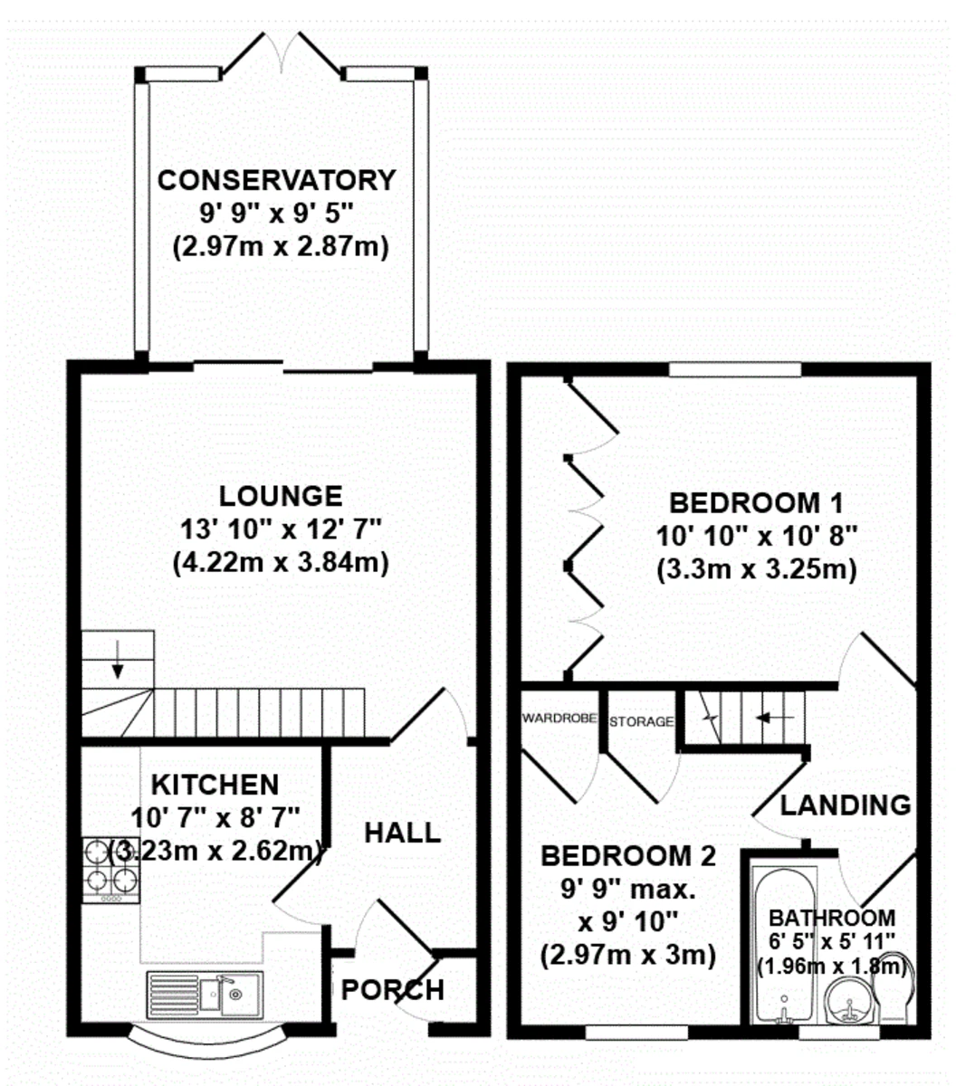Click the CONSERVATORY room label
(276, 180)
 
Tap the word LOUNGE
(281, 496)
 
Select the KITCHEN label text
(215, 786)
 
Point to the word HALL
(402, 833)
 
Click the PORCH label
(393, 990)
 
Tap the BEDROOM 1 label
(756, 503)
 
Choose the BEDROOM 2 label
(628, 856)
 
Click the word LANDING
(845, 805)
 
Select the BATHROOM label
(832, 919)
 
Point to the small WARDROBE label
(559, 718)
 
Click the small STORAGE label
(641, 721)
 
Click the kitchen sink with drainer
(205, 995)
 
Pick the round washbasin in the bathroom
(850, 1000)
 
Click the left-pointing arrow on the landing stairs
(774, 717)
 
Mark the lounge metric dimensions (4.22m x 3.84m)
(281, 563)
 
